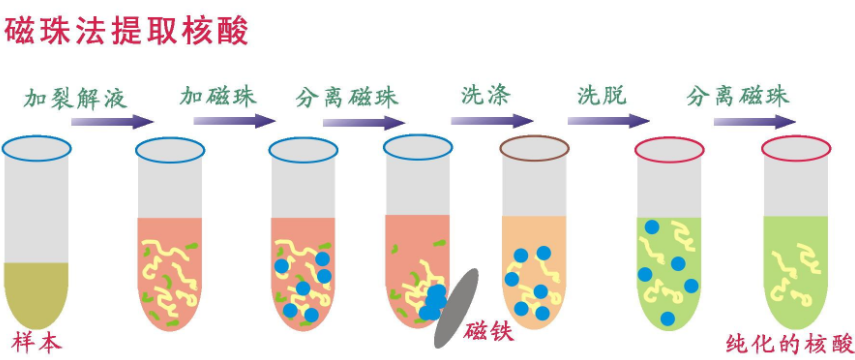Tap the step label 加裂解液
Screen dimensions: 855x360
pos(75,98)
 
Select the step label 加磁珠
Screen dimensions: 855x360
pos(218,97)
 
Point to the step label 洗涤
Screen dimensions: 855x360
pos(486,96)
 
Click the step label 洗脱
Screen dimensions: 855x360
pos(602,96)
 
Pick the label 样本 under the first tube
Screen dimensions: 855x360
pos(36,343)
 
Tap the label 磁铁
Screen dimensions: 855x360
pos(489,331)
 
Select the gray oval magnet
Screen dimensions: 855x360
pos(456,308)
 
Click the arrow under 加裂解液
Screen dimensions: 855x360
pos(113,122)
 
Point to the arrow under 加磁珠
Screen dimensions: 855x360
pos(234,121)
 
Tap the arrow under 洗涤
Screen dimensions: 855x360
pos(491,121)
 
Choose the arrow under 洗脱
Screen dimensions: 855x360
pos(609,121)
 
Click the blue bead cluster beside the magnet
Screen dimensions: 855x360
pos(433,303)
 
